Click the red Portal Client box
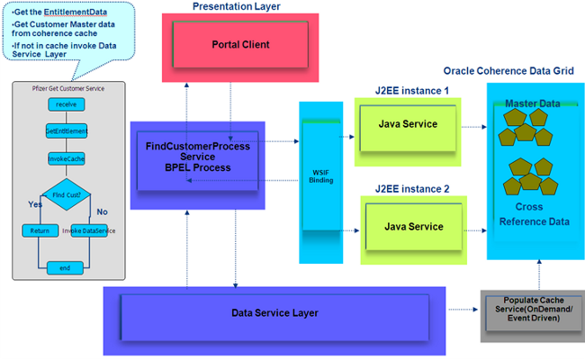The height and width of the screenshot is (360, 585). pyautogui.click(x=228, y=44)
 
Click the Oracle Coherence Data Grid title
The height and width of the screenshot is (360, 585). pyautogui.click(x=510, y=70)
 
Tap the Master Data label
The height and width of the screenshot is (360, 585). pyautogui.click(x=532, y=104)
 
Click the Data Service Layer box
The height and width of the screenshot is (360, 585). pyautogui.click(x=274, y=311)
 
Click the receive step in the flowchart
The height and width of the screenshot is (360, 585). pyautogui.click(x=65, y=104)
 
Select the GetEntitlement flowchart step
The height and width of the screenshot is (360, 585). pyautogui.click(x=65, y=131)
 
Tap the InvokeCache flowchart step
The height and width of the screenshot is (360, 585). pyautogui.click(x=65, y=158)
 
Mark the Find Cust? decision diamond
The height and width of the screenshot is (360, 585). pyautogui.click(x=65, y=194)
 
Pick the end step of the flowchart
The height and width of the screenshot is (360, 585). pyautogui.click(x=65, y=267)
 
